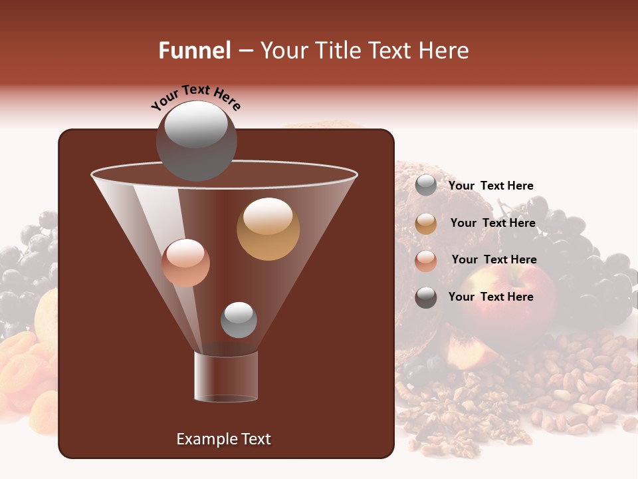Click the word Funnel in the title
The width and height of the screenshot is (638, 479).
194,51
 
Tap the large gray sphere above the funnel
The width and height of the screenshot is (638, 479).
195,141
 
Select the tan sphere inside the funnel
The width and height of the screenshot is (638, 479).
268,229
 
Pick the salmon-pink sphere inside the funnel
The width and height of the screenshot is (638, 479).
185,263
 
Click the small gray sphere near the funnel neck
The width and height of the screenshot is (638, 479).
239,319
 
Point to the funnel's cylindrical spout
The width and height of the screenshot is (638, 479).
226,377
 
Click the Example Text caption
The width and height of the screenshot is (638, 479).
223,439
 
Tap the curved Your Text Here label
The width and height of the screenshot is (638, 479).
195,97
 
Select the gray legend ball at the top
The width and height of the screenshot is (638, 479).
426,186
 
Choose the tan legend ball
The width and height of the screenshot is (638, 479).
426,224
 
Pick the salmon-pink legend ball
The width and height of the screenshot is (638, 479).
426,261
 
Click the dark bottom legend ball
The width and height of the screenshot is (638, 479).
426,297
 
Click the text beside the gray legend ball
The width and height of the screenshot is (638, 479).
490,186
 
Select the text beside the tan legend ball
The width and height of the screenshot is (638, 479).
492,223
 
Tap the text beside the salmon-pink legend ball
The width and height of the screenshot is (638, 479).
494,259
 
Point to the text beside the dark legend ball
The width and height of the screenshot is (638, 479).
490,297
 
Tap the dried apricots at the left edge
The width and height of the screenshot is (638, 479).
23,373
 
